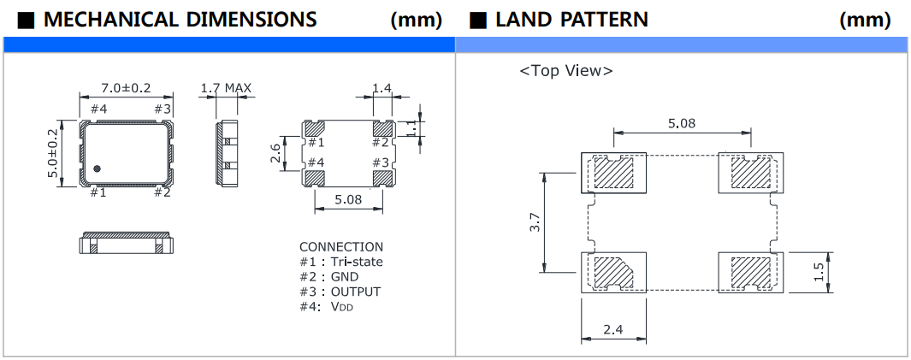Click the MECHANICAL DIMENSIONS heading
click(x=180, y=19)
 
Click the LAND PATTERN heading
click(x=571, y=19)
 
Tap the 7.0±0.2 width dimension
click(x=126, y=88)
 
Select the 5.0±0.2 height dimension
click(x=53, y=154)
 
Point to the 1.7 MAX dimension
click(x=225, y=88)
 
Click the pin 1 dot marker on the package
click(x=97, y=168)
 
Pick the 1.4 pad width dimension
click(x=382, y=88)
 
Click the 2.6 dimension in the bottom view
click(x=275, y=154)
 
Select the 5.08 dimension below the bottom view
click(x=347, y=200)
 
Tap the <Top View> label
click(x=565, y=71)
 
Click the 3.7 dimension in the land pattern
click(x=535, y=224)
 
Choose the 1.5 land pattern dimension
click(x=819, y=273)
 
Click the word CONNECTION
click(x=341, y=247)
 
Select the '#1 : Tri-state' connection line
click(x=341, y=262)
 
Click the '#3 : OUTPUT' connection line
click(x=340, y=292)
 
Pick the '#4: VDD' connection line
click(x=326, y=306)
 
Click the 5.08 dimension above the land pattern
click(x=682, y=123)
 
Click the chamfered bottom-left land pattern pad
click(x=612, y=272)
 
